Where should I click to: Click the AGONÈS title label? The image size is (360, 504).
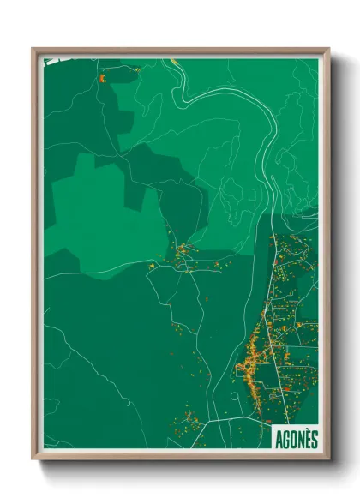coord(296,439)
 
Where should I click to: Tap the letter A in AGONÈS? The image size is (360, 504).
coord(279,439)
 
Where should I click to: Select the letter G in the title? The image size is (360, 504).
coord(286,439)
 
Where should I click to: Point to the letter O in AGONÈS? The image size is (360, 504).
coord(293,439)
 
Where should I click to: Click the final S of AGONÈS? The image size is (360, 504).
coord(314,439)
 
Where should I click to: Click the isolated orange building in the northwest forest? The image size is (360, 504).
coord(102,78)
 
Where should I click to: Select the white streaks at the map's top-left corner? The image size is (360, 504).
coord(53,61)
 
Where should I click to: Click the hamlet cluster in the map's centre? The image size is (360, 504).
coord(182,255)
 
